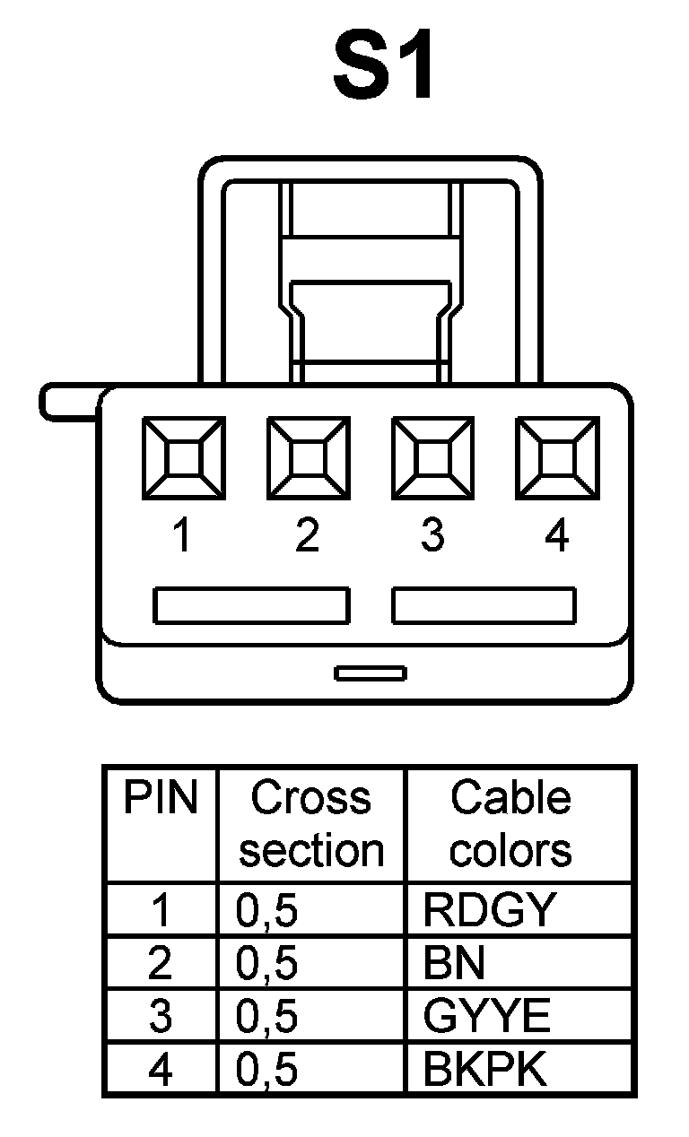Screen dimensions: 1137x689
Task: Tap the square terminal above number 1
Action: point(184,457)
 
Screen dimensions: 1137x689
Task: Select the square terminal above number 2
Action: point(309,457)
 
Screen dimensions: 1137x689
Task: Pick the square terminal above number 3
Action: point(432,457)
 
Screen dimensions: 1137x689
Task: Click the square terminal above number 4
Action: point(556,457)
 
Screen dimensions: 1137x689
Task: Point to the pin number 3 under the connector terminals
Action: point(432,536)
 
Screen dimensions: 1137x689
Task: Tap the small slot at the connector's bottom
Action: point(370,673)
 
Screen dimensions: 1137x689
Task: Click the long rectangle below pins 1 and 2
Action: point(250,605)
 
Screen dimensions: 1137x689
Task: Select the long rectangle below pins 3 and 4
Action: point(484,605)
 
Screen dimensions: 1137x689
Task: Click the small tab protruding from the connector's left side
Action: point(68,402)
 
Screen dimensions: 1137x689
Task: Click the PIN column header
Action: point(161,797)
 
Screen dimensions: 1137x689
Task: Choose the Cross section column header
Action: point(311,823)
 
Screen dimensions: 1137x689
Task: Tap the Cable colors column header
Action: point(510,823)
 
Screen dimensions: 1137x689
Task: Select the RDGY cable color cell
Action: point(489,910)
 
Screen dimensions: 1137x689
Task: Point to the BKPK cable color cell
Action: point(484,1069)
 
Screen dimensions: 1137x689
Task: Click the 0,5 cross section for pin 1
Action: point(266,910)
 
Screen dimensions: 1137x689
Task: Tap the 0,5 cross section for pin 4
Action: point(266,1069)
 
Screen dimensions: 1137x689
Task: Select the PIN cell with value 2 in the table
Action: point(161,963)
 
